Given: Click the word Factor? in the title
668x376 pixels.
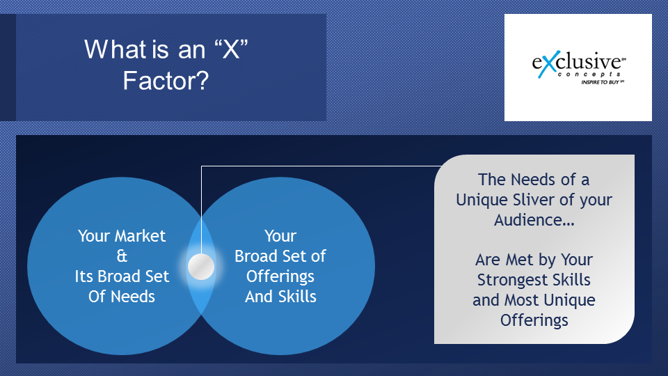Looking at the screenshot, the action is (166, 80).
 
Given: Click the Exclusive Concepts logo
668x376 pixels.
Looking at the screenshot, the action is (578, 67).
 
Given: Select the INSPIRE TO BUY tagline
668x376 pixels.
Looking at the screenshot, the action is (601, 82).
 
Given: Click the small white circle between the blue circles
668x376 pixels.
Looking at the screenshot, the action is (201, 267).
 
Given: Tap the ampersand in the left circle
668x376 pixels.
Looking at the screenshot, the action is (122, 256).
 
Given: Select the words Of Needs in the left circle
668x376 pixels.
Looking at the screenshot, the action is (121, 297).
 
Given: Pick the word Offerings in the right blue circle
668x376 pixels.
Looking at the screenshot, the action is (280, 277).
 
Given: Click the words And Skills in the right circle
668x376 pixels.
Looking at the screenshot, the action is (280, 297).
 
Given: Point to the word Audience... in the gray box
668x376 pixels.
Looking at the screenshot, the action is (534, 220).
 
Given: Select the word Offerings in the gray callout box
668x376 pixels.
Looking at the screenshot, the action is (534, 320).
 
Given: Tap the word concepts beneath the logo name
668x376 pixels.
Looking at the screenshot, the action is (589, 75).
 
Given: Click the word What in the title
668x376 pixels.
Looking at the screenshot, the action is (116, 49).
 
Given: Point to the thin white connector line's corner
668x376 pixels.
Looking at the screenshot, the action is (201, 166).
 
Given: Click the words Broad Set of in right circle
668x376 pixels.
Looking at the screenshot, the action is (280, 256).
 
